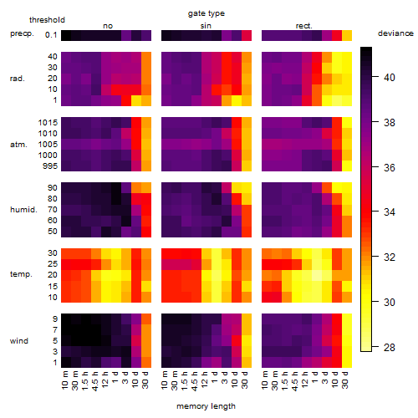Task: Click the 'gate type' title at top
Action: [206, 13]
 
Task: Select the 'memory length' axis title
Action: [206, 406]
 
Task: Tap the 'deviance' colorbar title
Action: [395, 33]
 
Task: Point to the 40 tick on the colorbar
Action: [375, 76]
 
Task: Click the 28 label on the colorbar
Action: [390, 347]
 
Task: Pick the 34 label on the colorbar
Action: [390, 212]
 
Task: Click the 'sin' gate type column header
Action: [206, 26]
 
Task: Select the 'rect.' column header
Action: [303, 26]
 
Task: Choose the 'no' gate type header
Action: [108, 26]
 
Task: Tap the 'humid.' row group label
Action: [23, 210]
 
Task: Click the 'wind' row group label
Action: [19, 341]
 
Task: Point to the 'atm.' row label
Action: [18, 145]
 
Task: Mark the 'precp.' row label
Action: [22, 34]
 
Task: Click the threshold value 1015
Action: [48, 122]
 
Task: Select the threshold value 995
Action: [50, 166]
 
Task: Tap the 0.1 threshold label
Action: [51, 35]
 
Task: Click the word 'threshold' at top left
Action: [47, 20]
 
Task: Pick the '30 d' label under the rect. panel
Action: [345, 380]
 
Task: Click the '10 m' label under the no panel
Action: [64, 380]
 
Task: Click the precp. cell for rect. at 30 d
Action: [347, 35]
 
